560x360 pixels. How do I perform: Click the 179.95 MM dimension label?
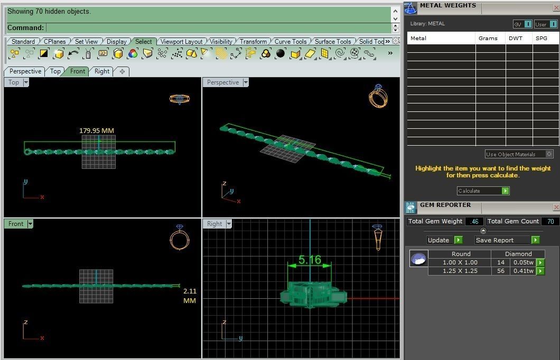tap(97, 130)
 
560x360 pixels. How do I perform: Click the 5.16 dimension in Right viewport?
tap(309, 260)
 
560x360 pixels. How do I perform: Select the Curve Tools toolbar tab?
tap(290, 41)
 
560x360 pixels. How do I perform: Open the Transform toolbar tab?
tap(253, 41)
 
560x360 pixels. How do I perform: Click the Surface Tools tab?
tap(332, 41)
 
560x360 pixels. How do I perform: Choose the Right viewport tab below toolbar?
tap(102, 71)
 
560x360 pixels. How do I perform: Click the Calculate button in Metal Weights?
tap(483, 191)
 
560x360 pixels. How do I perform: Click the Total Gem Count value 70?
tap(550, 221)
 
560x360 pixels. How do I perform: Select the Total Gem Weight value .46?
tap(474, 221)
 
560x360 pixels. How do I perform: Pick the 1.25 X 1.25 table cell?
tap(460, 271)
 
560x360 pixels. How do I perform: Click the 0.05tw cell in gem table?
tap(523, 262)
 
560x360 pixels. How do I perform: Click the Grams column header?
tap(488, 38)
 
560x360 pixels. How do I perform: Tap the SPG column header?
tap(542, 38)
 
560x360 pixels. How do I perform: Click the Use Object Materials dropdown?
tap(519, 154)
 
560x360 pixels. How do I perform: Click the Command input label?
tap(25, 27)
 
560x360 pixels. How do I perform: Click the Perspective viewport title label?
tap(222, 82)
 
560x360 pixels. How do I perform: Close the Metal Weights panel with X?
tap(556, 7)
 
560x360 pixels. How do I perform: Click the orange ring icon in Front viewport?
tap(180, 238)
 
